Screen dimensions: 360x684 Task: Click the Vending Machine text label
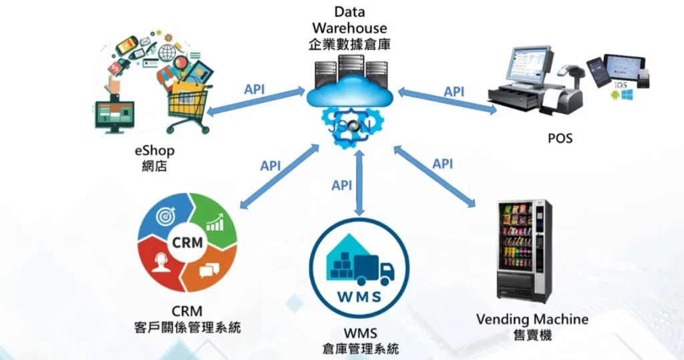click(x=532, y=319)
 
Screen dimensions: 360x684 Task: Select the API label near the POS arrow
click(x=454, y=92)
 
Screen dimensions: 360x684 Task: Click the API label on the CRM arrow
click(x=271, y=166)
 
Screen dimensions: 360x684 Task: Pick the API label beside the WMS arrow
click(x=342, y=185)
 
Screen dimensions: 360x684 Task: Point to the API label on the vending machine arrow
click(x=442, y=164)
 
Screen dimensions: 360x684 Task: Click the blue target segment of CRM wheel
click(x=164, y=218)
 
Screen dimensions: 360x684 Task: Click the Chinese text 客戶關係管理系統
click(x=187, y=328)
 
